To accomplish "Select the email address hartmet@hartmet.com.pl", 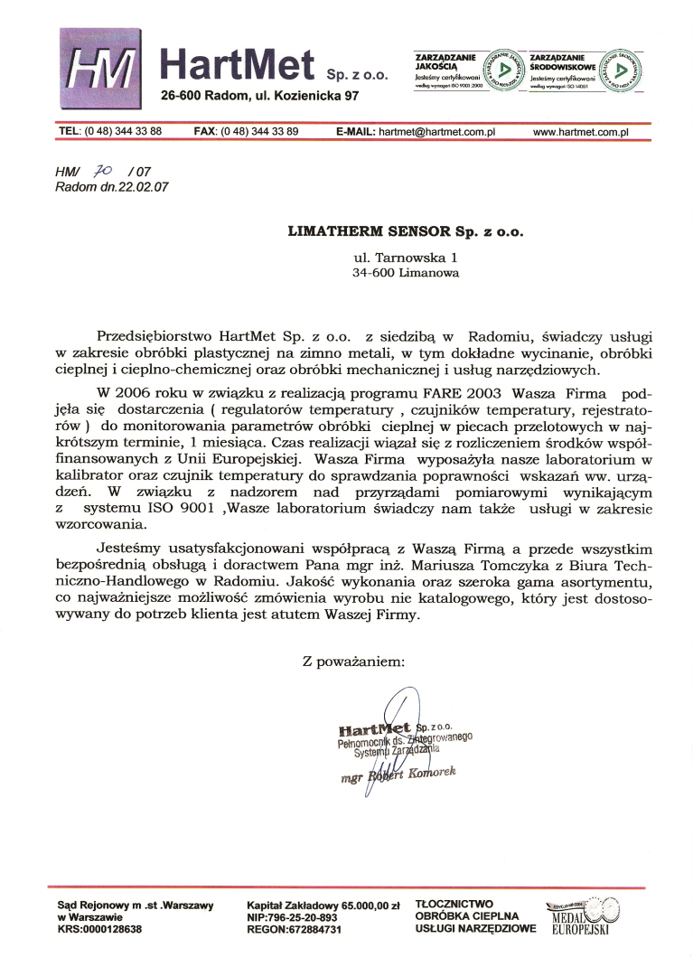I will [438, 132].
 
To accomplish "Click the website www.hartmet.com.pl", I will [580, 132].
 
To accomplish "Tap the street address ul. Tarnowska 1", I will [405, 257].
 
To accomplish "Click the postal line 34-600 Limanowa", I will [405, 272].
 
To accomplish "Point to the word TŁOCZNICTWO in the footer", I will [454, 903].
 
